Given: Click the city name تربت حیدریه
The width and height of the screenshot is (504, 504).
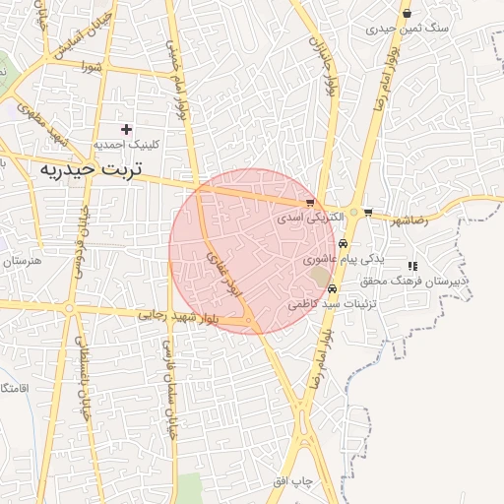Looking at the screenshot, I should coord(91,169).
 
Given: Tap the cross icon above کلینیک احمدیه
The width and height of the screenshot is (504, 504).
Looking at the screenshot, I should coord(126,129).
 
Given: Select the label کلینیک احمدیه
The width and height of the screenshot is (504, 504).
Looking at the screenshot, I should coord(125,144).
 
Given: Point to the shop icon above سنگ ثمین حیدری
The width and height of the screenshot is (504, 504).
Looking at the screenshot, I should coord(408,14).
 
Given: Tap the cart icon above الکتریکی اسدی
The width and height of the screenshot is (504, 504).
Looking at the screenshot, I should coord(311,202).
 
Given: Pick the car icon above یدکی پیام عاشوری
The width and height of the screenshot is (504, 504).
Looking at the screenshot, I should coord(342,243).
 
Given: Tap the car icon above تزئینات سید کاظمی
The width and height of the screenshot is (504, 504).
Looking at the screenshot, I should coord(333,289).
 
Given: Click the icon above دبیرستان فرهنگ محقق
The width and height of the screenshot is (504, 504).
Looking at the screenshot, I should coord(412,266).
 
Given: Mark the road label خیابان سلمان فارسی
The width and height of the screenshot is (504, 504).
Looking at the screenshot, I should coord(171,379).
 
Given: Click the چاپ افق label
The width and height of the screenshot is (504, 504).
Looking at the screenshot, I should coord(292,480).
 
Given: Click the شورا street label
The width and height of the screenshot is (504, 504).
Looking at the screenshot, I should coord(93,68).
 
